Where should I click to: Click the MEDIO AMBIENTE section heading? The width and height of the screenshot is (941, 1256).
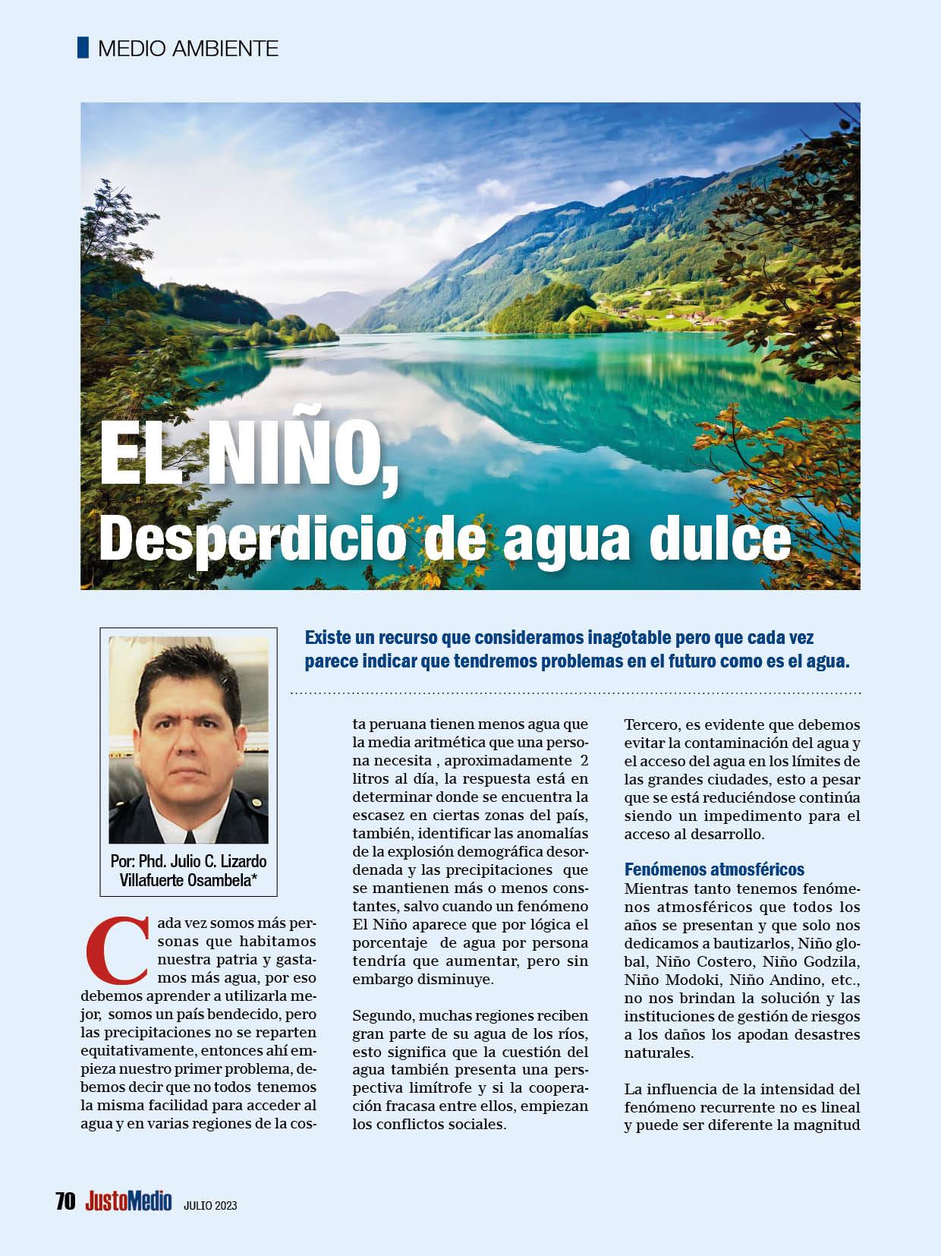click(x=188, y=49)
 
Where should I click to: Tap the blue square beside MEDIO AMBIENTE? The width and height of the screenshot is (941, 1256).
click(x=83, y=48)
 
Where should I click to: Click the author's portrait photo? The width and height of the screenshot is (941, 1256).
click(x=188, y=739)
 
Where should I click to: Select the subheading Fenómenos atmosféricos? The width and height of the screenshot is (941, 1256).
click(x=714, y=869)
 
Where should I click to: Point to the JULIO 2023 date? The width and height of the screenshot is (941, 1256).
click(x=210, y=1204)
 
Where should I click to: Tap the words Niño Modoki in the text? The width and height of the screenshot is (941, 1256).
click(x=665, y=980)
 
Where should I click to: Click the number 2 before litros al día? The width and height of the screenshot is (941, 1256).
click(x=583, y=761)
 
